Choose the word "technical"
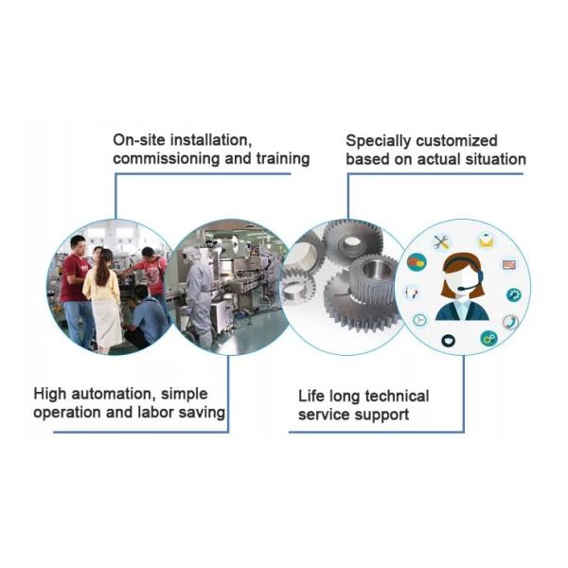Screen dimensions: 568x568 click(388, 396)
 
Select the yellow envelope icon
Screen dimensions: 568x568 click(486, 241)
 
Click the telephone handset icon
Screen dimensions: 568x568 click(510, 322)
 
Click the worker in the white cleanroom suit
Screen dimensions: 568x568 click(200, 289)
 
